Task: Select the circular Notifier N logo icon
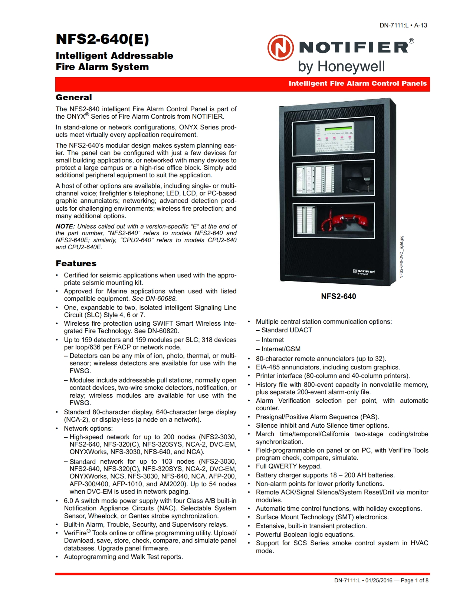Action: (x=280, y=48)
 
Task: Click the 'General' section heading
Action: (x=74, y=98)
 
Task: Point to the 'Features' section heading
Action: (x=76, y=264)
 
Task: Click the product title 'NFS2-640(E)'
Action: (x=102, y=39)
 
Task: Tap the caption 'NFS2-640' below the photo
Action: (x=338, y=296)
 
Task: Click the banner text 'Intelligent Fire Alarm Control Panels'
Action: (x=358, y=83)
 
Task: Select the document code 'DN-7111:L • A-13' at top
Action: (x=403, y=25)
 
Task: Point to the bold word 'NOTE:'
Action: (x=65, y=226)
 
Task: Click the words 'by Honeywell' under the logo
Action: (x=341, y=67)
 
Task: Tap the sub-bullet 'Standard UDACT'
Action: (x=286, y=330)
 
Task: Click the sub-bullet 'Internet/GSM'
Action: (x=281, y=349)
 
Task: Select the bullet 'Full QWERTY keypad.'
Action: (x=289, y=466)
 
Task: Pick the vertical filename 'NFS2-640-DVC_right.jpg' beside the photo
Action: (x=401, y=257)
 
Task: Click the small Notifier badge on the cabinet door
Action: (x=364, y=272)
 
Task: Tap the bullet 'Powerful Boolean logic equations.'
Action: (x=305, y=534)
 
